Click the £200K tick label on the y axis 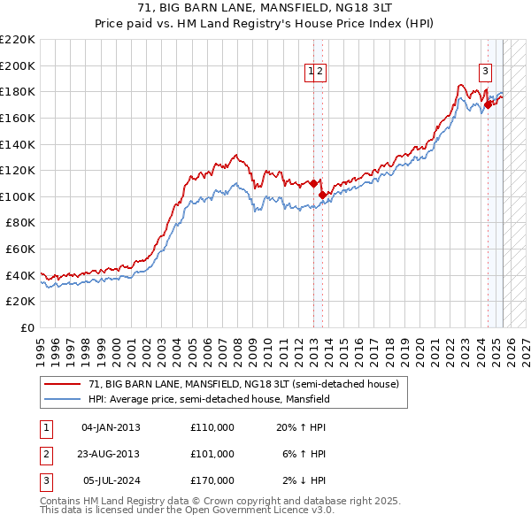point(18,65)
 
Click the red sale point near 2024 point(488,104)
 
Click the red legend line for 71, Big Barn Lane point(63,385)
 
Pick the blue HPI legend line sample point(63,399)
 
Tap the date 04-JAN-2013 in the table point(111,427)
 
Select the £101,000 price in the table point(212,454)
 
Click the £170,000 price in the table point(212,480)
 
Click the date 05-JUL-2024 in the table point(111,480)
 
